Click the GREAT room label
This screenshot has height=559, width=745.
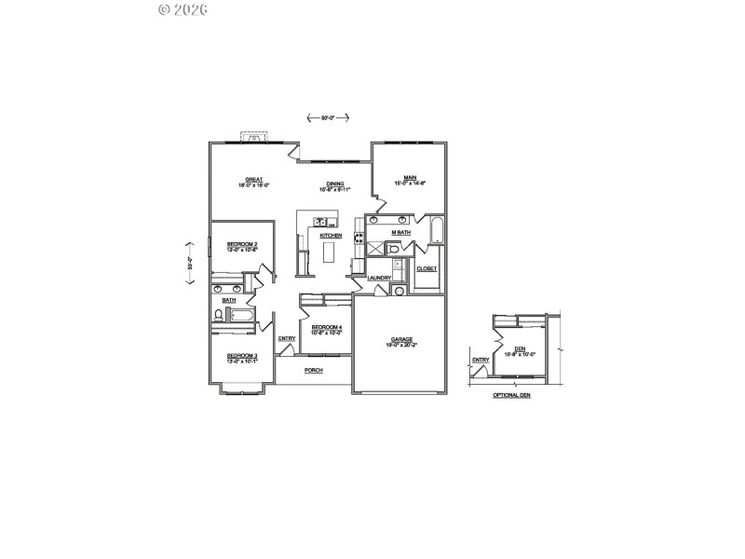(253, 179)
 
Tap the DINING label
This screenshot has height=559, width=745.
(334, 184)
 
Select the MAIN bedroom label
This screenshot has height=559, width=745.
(410, 178)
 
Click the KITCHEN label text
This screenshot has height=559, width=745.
(331, 236)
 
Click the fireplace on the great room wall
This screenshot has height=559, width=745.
(255, 137)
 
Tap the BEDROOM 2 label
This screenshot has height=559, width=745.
(242, 244)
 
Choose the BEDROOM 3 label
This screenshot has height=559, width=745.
(242, 355)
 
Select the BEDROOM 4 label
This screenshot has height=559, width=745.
(327, 327)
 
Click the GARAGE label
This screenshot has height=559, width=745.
(402, 339)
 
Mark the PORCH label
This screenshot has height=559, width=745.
(313, 370)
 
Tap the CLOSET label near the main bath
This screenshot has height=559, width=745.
(427, 268)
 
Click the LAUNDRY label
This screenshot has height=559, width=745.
(378, 278)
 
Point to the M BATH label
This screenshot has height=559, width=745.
(400, 231)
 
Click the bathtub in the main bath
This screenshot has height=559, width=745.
(437, 231)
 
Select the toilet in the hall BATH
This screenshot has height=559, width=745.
(218, 317)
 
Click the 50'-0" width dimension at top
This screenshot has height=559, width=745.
(328, 118)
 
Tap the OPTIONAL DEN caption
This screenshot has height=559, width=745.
(511, 395)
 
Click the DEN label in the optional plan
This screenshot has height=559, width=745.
(519, 348)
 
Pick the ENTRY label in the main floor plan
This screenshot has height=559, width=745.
(287, 338)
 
